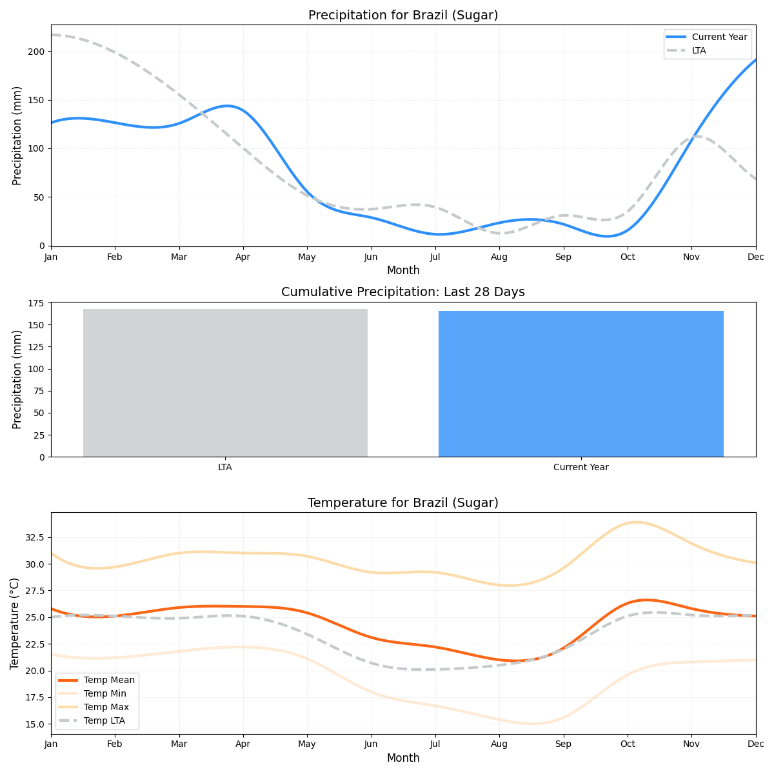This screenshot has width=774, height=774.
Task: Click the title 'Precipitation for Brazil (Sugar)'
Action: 403,15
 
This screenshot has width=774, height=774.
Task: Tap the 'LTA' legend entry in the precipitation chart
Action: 699,50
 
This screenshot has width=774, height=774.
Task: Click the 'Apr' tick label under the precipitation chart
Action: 243,257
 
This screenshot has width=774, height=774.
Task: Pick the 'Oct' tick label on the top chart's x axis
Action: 628,257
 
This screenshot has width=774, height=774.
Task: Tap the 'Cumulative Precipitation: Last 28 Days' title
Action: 403,292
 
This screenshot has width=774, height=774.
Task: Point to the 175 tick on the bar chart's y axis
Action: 37,303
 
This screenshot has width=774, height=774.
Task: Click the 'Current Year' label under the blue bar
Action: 580,468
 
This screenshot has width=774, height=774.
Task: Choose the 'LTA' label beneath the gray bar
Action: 225,468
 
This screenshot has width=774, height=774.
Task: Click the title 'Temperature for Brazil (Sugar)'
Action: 403,503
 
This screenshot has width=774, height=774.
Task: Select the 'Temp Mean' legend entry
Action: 109,680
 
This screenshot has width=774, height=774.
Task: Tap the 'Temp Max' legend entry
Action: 106,708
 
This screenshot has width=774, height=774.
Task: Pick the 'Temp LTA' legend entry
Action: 104,721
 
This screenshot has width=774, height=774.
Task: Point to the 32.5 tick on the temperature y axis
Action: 34,537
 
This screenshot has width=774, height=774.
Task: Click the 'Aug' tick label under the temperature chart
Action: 499,744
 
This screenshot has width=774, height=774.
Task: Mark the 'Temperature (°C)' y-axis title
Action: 15,623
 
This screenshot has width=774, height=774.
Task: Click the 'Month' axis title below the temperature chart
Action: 403,758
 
